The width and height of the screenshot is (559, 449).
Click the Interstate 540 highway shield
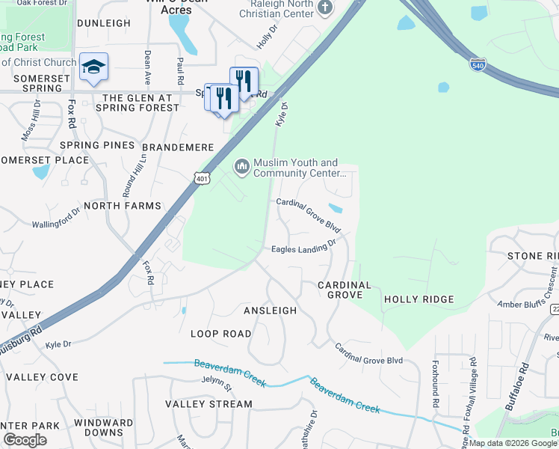[x=478, y=64]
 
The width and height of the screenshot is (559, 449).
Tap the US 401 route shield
[x=201, y=178]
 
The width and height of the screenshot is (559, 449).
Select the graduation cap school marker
[x=93, y=67]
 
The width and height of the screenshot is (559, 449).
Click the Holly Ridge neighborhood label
[x=419, y=299]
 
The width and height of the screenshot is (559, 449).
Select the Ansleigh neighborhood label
[x=270, y=310]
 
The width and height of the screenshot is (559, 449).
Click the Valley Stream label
[x=209, y=404]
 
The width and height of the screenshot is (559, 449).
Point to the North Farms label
[x=123, y=205]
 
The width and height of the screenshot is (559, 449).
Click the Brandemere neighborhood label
[x=178, y=147]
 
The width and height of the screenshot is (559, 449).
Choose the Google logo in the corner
[x=25, y=440]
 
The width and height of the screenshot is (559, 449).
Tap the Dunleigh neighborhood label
[x=103, y=23]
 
